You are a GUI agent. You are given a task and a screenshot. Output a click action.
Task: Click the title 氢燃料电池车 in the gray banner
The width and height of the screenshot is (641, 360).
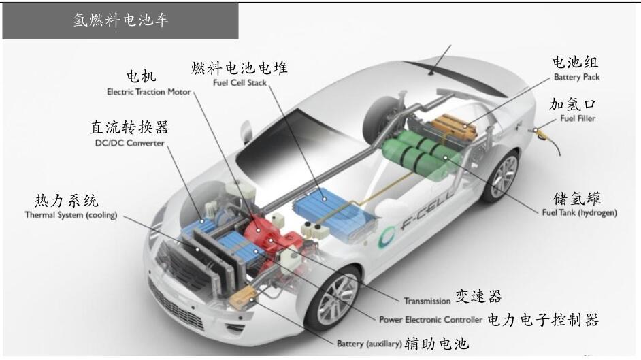pos(121,20)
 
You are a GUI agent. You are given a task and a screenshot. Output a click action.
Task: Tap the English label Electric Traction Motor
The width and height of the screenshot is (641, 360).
pos(149,92)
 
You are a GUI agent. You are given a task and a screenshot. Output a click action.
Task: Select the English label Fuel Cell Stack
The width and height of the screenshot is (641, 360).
pos(240,82)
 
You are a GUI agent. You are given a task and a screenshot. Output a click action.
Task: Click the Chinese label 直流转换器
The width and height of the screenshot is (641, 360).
pos(129,127)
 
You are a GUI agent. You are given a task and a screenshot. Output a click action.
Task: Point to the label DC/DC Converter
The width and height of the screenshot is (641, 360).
pos(129,143)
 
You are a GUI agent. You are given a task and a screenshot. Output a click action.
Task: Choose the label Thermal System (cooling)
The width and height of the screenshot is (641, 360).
pos(71,214)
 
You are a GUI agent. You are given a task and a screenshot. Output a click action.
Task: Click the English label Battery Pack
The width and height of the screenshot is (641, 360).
pos(576,77)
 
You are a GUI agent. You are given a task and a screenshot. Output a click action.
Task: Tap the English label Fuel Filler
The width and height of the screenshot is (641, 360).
pos(578,118)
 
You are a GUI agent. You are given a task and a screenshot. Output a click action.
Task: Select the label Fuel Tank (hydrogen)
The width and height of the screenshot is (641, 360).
pos(579,212)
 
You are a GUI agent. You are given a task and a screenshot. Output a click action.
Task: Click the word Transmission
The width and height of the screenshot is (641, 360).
pos(427,301)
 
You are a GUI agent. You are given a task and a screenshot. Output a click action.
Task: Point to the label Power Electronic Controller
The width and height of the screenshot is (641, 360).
pos(431,320)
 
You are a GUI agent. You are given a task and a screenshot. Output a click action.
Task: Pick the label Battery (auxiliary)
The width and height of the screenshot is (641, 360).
pos(369,344)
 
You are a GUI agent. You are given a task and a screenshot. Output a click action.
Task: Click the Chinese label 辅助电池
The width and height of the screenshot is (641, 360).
pos(437,344)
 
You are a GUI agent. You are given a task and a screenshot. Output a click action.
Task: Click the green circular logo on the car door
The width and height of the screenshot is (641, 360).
pos(387,237)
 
